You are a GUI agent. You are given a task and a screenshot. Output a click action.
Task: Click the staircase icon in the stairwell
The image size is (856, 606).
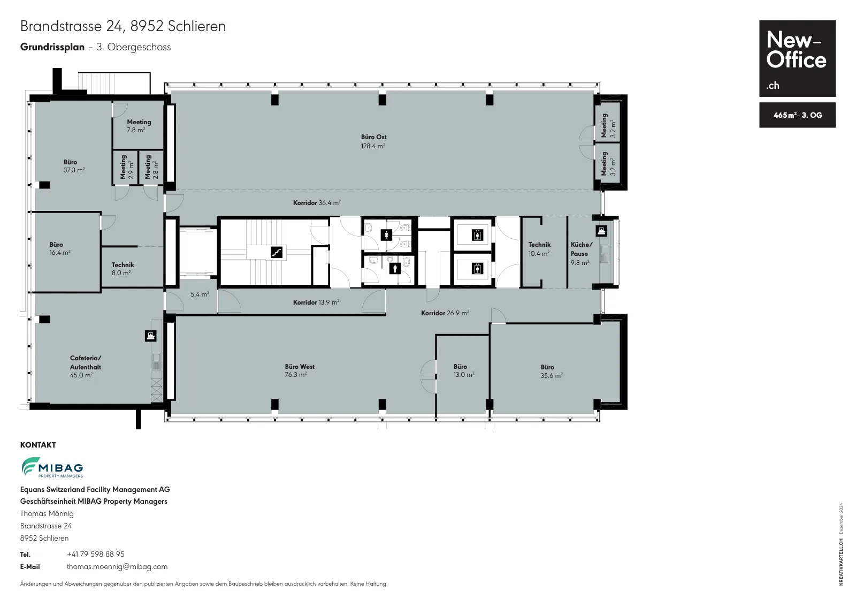[276, 252]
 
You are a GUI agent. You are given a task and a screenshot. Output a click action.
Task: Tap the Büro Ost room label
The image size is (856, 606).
[373, 141]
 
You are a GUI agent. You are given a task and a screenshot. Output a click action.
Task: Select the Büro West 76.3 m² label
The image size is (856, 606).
[300, 370]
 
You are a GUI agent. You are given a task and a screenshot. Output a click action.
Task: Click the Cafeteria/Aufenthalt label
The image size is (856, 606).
[85, 366]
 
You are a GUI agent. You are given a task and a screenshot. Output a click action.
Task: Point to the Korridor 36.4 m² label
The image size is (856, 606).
[317, 203]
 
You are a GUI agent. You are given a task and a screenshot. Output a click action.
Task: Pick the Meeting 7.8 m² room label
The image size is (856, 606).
[139, 126]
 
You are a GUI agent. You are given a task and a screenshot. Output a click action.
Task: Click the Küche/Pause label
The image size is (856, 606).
[581, 253]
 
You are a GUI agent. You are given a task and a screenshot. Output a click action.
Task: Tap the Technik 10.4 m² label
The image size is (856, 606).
[539, 248]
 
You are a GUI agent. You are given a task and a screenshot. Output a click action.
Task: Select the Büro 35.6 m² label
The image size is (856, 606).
[552, 371]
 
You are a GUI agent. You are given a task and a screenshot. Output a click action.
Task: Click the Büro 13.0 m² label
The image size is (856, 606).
[464, 370]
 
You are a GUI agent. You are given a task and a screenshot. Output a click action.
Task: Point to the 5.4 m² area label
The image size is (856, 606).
[200, 294]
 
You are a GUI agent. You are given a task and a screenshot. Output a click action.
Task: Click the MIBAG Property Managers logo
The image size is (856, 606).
[52, 467]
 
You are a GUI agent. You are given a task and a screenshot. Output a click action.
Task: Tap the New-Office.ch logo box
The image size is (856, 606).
[797, 58]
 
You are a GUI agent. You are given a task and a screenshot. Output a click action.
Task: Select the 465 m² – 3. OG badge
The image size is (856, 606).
[797, 115]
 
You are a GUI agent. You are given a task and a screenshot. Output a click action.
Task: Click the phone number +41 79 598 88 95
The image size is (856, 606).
[96, 554]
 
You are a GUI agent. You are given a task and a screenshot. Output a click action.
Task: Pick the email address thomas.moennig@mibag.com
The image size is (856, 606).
[117, 566]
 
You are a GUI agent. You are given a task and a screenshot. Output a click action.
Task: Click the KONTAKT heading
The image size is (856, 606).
[38, 445]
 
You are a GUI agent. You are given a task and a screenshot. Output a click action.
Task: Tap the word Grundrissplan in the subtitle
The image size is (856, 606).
[52, 47]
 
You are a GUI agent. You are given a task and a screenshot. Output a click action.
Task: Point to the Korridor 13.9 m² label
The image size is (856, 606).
[316, 302]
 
